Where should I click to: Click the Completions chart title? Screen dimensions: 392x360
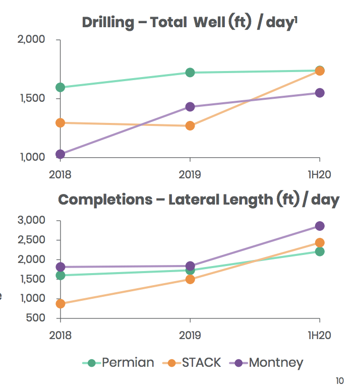(199, 200)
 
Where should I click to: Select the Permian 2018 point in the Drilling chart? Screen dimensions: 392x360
(61, 87)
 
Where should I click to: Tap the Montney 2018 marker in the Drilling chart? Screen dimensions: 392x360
(61, 154)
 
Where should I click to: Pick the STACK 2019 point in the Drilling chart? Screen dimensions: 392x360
(190, 125)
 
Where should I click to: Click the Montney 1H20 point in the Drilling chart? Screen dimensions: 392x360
(320, 93)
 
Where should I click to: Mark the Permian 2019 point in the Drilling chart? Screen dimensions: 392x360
(190, 73)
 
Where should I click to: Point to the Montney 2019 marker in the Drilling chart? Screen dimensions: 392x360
(190, 107)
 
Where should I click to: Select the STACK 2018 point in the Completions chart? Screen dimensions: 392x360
(61, 303)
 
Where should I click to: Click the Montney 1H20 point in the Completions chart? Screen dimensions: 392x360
(320, 226)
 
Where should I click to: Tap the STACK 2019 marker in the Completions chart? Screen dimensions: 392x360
(190, 279)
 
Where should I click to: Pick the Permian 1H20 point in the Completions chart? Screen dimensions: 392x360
(320, 251)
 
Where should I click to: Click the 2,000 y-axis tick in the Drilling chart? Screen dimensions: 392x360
(31, 40)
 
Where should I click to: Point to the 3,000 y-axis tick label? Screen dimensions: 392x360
(31, 220)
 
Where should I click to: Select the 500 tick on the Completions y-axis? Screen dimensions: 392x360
(36, 318)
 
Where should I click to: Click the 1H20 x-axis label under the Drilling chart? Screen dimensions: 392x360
(320, 175)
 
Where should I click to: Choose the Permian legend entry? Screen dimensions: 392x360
(120, 363)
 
